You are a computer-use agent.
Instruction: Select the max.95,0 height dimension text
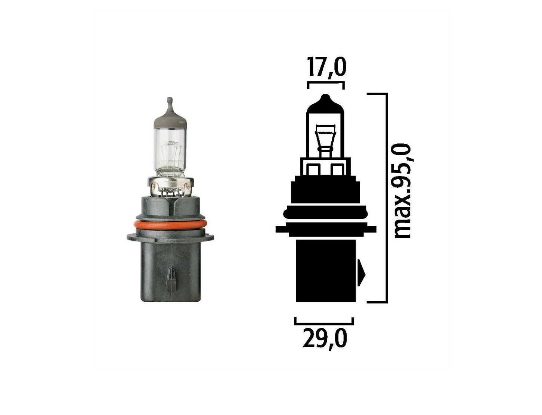402,191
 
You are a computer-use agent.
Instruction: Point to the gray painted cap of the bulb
170,117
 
